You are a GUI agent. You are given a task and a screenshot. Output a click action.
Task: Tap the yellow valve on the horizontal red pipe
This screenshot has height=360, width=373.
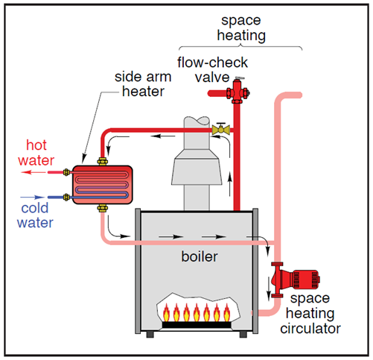[220, 129]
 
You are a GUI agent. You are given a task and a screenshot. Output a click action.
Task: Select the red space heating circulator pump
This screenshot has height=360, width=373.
[294, 280]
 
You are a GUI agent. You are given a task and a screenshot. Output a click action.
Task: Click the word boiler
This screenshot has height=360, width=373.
[200, 256]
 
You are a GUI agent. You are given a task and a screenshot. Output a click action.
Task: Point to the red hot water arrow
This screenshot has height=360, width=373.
[34, 172]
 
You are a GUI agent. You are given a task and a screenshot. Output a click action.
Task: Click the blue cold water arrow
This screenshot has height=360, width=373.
[32, 198]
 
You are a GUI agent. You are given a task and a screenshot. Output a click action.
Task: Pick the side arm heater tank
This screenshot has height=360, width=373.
[102, 185]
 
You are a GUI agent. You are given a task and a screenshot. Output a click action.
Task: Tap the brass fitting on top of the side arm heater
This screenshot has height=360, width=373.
[102, 162]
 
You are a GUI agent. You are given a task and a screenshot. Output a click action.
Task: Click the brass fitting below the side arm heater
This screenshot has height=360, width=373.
[102, 208]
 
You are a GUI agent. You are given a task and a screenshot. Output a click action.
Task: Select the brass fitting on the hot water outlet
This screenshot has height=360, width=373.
[66, 172]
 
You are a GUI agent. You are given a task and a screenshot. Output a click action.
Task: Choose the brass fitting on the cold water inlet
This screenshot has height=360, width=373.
[66, 198]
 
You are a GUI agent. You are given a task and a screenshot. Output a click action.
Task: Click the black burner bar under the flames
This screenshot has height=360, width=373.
[197, 324]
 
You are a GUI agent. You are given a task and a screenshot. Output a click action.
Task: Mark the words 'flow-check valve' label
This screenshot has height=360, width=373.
[212, 70]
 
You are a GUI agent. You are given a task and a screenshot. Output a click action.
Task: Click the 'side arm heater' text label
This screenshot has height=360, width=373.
[143, 84]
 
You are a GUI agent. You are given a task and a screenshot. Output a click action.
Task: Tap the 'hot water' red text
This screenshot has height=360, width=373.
[36, 153]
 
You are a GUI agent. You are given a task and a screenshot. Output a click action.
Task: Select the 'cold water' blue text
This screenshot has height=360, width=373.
[35, 215]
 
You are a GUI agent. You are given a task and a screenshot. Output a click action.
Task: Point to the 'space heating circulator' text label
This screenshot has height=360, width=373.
[310, 313]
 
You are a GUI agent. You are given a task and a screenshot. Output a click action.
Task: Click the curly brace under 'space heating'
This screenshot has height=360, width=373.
[240, 46]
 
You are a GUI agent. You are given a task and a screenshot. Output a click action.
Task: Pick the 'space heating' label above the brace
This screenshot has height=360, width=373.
[241, 28]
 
